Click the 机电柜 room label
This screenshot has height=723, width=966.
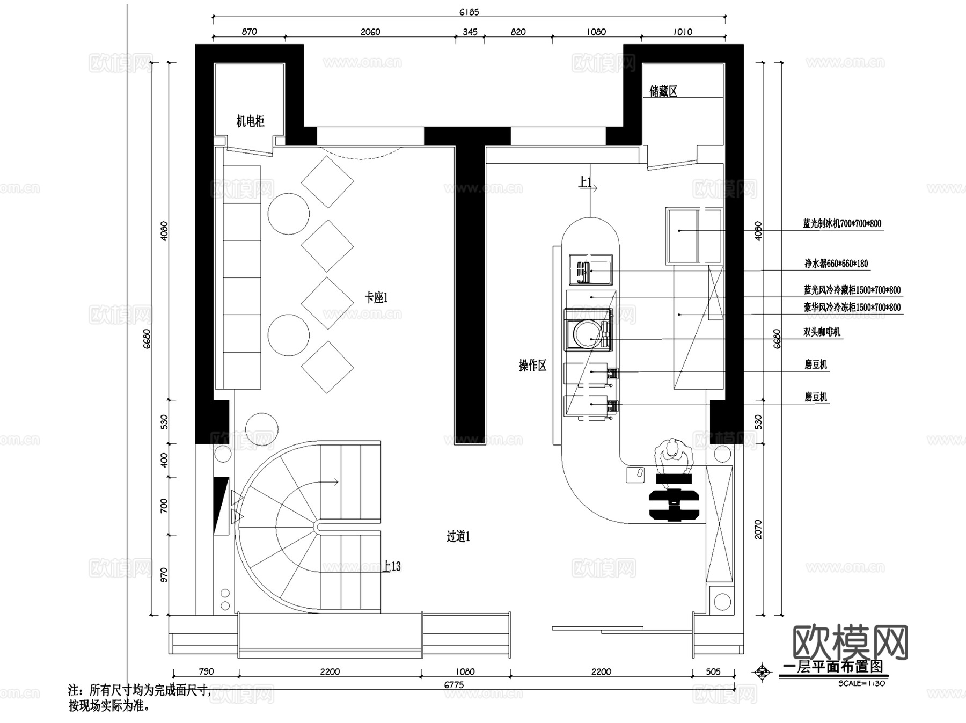point(251,121)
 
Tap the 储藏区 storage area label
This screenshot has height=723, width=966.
point(663,92)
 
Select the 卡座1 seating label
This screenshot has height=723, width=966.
point(376,297)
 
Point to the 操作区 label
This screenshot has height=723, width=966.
point(532,366)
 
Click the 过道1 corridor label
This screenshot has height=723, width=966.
point(458,536)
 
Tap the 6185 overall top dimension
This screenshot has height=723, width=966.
point(469,12)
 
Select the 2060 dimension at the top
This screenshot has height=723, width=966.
point(370,32)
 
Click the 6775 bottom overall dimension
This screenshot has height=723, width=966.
point(454,685)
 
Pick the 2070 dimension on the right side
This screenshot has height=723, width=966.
point(758,529)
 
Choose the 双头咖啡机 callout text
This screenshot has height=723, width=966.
point(821,332)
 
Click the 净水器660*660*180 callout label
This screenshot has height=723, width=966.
point(836,264)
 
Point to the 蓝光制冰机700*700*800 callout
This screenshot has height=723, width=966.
point(841,223)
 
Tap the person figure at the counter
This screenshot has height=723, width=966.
point(673,454)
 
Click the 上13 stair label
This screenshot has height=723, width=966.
point(392,566)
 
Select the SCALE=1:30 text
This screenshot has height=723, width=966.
point(861,683)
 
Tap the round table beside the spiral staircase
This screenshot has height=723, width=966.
point(262,429)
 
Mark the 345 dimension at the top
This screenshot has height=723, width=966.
point(470,32)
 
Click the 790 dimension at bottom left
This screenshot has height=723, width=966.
point(206,671)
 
